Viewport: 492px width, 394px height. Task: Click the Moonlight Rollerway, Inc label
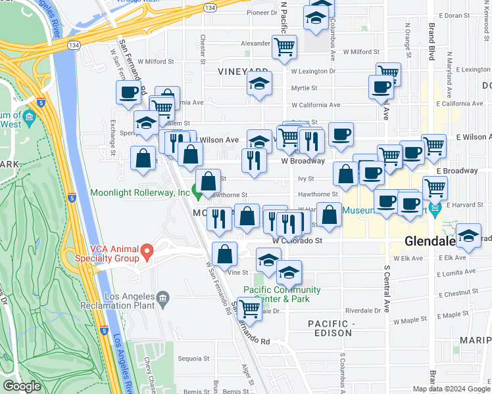pyautogui.click(x=139, y=193)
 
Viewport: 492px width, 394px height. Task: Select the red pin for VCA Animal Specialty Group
pyautogui.click(x=147, y=250)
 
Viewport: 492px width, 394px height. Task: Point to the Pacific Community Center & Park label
pyautogui.click(x=282, y=294)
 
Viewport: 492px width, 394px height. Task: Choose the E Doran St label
pyautogui.click(x=464, y=14)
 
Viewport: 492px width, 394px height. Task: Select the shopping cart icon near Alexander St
pyautogui.click(x=284, y=47)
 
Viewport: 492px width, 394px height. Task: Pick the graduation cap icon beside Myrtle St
pyautogui.click(x=259, y=84)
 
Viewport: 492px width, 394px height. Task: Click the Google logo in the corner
pyautogui.click(x=22, y=386)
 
